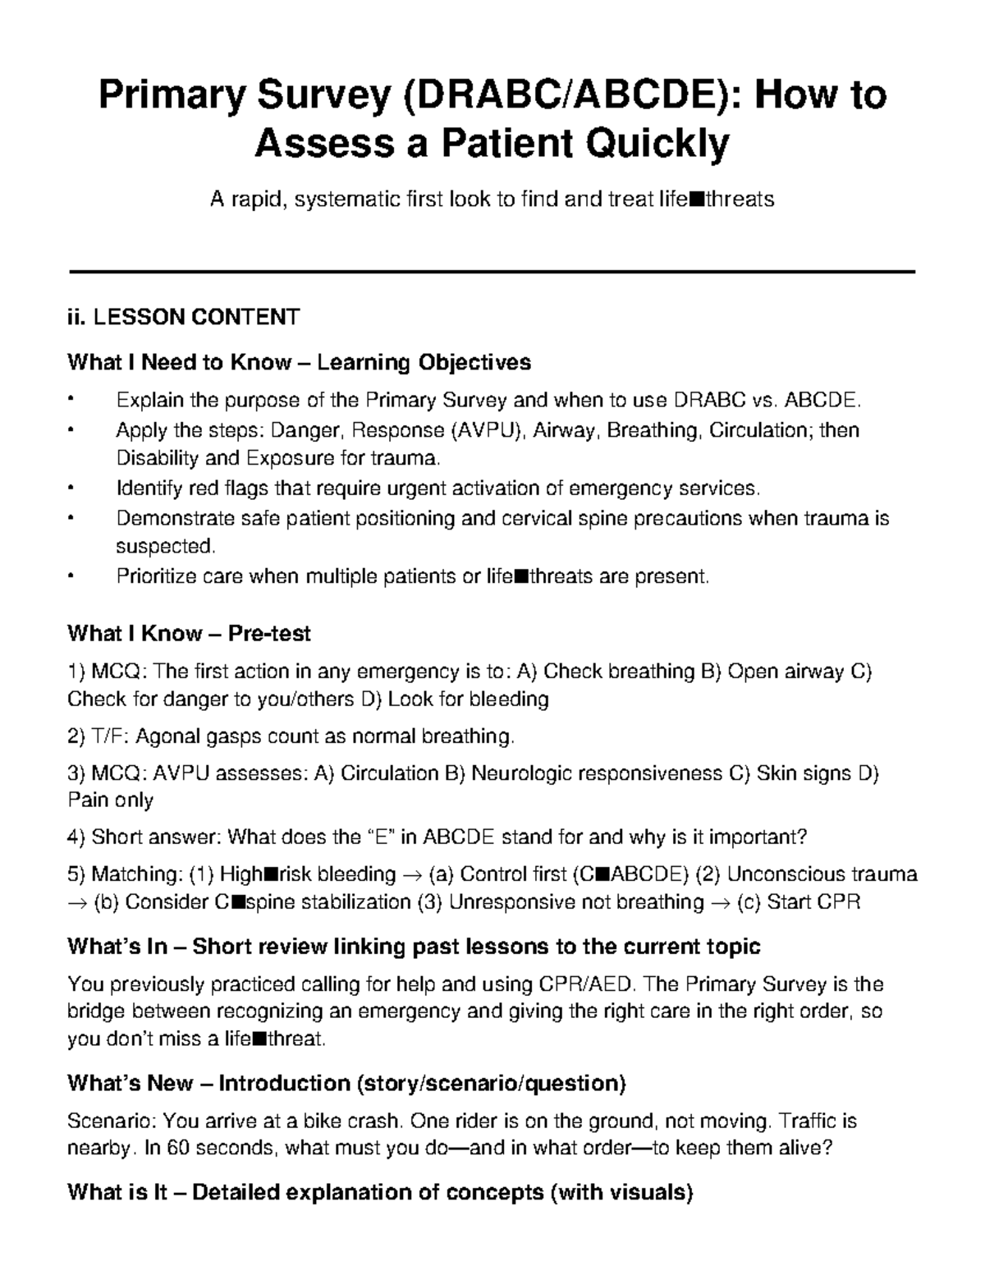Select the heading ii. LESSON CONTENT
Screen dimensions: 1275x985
coord(183,317)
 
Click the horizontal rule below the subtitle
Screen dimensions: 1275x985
coord(492,272)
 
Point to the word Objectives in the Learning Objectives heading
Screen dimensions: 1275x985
coord(474,362)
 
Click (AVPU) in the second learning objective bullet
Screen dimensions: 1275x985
coord(488,430)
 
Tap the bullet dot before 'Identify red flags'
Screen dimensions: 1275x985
coord(72,489)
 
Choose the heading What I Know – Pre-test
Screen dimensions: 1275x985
coord(189,633)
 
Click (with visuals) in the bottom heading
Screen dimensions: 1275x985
coord(622,1191)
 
